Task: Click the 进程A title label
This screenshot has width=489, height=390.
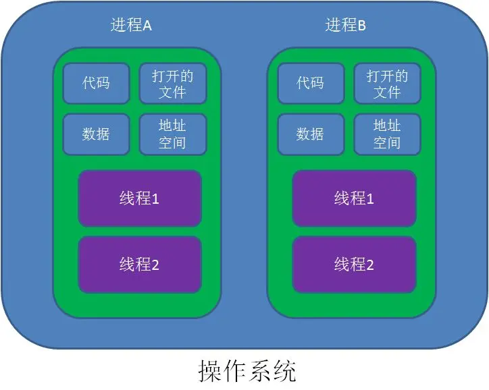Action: pyautogui.click(x=131, y=26)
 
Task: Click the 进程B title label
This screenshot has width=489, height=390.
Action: pyautogui.click(x=345, y=26)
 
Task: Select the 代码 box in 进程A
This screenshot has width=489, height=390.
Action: pyautogui.click(x=96, y=84)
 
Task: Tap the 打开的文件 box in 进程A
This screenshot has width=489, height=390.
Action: pyautogui.click(x=172, y=84)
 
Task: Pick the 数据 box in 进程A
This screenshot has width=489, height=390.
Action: pyautogui.click(x=96, y=134)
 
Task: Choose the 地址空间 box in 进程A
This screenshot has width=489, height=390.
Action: pyautogui.click(x=172, y=134)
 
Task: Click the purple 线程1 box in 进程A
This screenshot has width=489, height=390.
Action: pyautogui.click(x=139, y=198)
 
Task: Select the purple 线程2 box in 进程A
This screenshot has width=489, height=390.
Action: pyautogui.click(x=139, y=264)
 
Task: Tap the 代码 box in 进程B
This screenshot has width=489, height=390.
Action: pyautogui.click(x=310, y=84)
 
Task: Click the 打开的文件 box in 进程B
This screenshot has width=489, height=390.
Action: pyautogui.click(x=387, y=84)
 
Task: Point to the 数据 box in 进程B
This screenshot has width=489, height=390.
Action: pyautogui.click(x=310, y=134)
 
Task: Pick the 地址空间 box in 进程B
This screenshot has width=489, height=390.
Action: pyautogui.click(x=387, y=134)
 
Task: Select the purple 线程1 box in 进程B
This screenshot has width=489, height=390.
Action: pyautogui.click(x=354, y=198)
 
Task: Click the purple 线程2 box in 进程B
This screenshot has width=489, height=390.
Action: pyautogui.click(x=354, y=264)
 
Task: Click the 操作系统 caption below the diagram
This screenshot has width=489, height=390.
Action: pyautogui.click(x=247, y=370)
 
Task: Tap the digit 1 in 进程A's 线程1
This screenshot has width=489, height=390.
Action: pyautogui.click(x=155, y=199)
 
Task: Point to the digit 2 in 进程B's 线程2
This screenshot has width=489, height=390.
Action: pyautogui.click(x=369, y=264)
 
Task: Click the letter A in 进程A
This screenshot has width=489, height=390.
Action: pyautogui.click(x=147, y=26)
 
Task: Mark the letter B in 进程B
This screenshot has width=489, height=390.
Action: pyautogui.click(x=361, y=26)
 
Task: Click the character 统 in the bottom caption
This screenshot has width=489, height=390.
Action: pyautogui.click(x=284, y=370)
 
